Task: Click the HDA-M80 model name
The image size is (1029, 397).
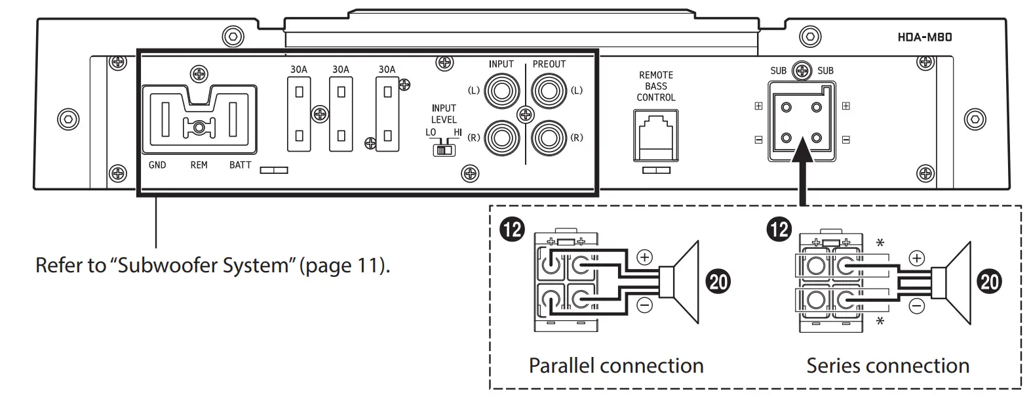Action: tap(924, 37)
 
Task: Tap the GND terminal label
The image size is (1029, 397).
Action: tap(157, 165)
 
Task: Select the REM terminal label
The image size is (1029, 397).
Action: tap(199, 165)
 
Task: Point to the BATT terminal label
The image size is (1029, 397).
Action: tap(240, 165)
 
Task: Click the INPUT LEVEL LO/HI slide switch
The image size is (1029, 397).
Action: tap(444, 150)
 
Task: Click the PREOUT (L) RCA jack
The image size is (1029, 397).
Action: tap(549, 90)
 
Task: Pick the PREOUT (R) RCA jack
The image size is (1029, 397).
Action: tap(549, 138)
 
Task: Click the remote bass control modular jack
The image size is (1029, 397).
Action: tap(656, 135)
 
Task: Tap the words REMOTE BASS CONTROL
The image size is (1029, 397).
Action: tap(656, 86)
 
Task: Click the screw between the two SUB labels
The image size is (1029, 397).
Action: tap(802, 70)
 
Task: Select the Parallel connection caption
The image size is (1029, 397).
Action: tap(616, 366)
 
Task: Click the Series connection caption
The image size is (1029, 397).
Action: tap(887, 366)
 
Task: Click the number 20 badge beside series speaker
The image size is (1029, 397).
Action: tap(989, 282)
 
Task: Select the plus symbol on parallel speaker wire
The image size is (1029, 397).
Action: tap(645, 257)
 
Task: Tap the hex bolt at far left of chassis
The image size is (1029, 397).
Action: tap(68, 119)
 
